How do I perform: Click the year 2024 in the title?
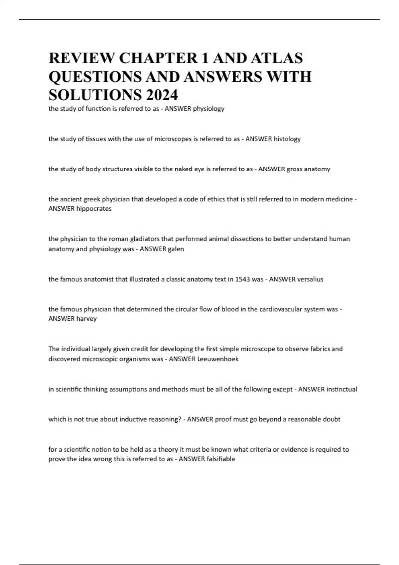[x=161, y=95]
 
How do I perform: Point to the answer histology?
[x=287, y=139]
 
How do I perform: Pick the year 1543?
[x=243, y=279]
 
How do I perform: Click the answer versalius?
[x=310, y=279]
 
